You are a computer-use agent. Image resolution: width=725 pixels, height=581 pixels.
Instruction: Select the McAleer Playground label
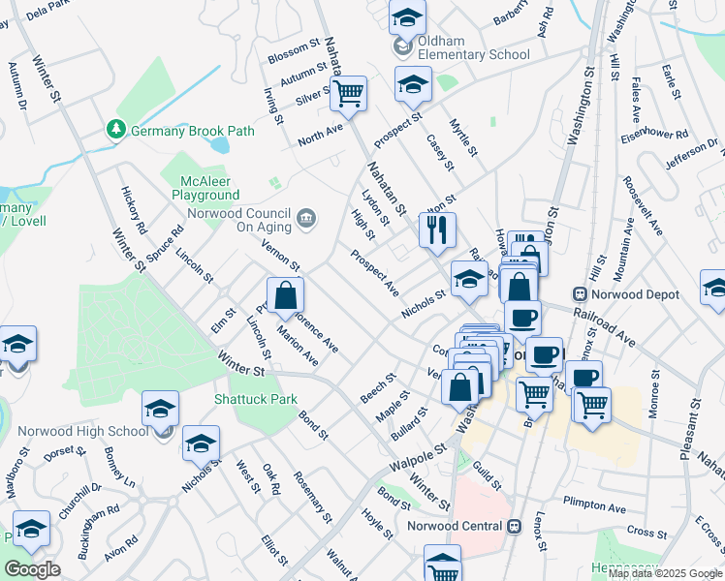pos(206,188)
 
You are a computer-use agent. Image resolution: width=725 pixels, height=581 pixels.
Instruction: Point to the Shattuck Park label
pos(256,399)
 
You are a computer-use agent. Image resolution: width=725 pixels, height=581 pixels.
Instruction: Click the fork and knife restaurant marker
pos(437,230)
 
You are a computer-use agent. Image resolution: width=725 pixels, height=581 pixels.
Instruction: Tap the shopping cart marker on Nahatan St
pos(348,94)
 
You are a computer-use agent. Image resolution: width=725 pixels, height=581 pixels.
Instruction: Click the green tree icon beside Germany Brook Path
pos(115,130)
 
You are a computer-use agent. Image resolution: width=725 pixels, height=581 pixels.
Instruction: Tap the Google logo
pos(32,568)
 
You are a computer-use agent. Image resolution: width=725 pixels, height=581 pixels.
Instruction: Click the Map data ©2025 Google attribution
pos(665,573)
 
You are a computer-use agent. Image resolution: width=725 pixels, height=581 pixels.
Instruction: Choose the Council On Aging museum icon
pos(307,220)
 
